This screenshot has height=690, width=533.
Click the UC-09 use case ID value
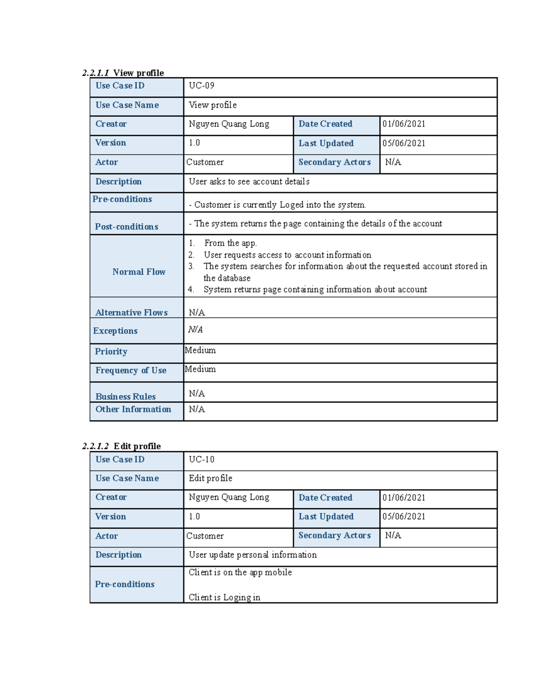pos(201,86)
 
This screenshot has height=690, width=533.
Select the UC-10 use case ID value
pos(201,459)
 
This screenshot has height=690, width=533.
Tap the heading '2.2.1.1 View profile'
pos(123,73)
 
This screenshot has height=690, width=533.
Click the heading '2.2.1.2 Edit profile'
pos(122,446)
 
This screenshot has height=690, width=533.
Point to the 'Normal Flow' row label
pos(139,272)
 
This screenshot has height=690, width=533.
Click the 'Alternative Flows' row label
pos(131,313)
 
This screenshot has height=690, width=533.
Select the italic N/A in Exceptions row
pos(195,330)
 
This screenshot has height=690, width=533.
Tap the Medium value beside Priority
pos(200,351)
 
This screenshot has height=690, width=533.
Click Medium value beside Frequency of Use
pos(200,369)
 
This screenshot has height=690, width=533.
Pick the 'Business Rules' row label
pos(126,397)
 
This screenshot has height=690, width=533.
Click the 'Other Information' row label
pos(133,409)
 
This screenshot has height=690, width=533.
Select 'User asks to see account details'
pos(249,182)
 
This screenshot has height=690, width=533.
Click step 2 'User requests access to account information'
pos(287,255)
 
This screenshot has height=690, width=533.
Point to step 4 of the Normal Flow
pos(315,290)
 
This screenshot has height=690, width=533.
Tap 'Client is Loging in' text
pos(224,598)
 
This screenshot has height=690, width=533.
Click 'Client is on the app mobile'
pos(240,573)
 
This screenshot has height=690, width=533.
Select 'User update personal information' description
pos(253,555)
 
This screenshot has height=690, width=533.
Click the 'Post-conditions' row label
pos(127,227)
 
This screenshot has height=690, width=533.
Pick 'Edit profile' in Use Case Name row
pos(211,479)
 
